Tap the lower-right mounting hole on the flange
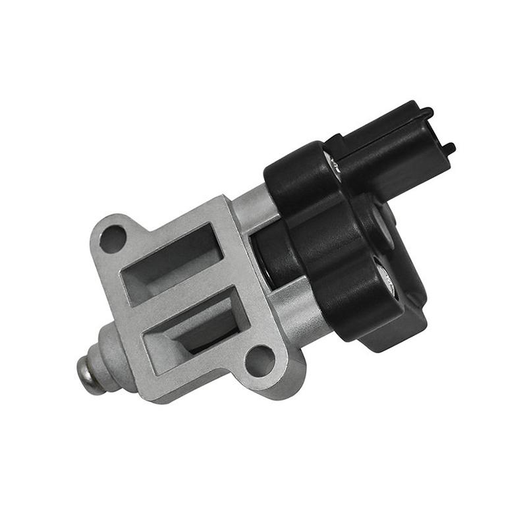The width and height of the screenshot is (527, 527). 259,361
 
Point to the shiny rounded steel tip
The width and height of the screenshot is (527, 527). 91,374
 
